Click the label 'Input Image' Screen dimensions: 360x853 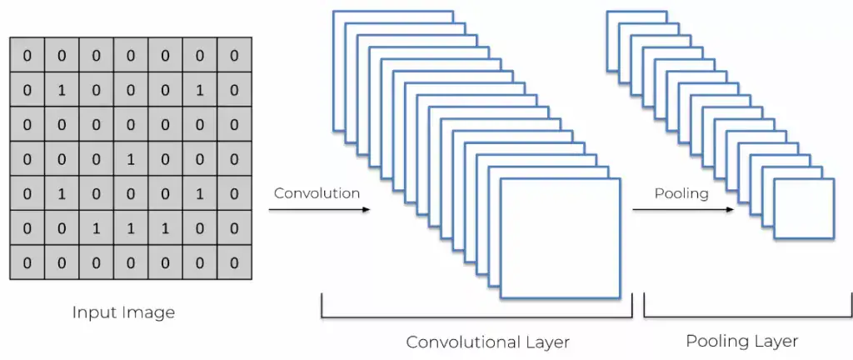pos(123,313)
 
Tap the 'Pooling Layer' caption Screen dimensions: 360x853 pos(741,341)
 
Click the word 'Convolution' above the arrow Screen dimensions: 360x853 pos(317,193)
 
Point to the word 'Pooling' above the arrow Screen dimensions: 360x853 pos(681,193)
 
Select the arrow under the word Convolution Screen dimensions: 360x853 pos(321,210)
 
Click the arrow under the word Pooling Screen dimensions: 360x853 pos(683,210)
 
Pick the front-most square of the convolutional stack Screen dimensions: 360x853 pos(561,238)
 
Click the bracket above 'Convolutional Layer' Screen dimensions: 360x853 pos(476,317)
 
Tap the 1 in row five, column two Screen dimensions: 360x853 pos(62,194)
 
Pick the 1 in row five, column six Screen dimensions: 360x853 pos(199,194)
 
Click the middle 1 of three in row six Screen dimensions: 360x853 pos(130,228)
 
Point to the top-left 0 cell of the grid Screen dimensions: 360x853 pos(27,57)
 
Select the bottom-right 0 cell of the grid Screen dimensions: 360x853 pos(234,262)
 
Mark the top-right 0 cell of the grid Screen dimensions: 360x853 pos(234,57)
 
